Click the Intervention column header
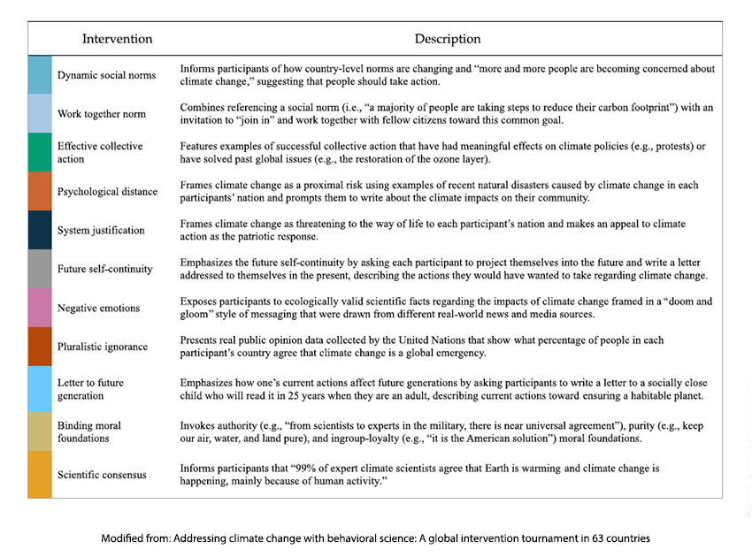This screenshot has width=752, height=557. (x=117, y=39)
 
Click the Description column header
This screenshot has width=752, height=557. (x=448, y=39)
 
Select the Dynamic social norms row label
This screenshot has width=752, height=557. (x=106, y=75)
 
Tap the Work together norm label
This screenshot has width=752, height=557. (x=101, y=114)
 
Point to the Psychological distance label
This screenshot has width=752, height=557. (x=107, y=192)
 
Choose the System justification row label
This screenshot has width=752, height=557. (x=101, y=231)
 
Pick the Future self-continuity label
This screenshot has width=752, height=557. (x=104, y=269)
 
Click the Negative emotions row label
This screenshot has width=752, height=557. (x=98, y=309)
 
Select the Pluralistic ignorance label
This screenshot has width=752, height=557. (x=102, y=347)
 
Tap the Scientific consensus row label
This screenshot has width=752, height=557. (x=102, y=475)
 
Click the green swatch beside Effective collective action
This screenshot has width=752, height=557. (x=40, y=152)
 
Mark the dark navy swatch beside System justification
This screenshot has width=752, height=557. (x=40, y=230)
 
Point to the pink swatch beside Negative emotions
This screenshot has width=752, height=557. (x=40, y=308)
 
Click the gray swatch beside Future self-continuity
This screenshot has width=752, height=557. (x=40, y=269)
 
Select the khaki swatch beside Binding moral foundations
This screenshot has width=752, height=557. (x=40, y=431)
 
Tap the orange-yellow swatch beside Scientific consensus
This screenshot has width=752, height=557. (x=40, y=475)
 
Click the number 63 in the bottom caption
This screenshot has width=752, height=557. (x=601, y=538)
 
